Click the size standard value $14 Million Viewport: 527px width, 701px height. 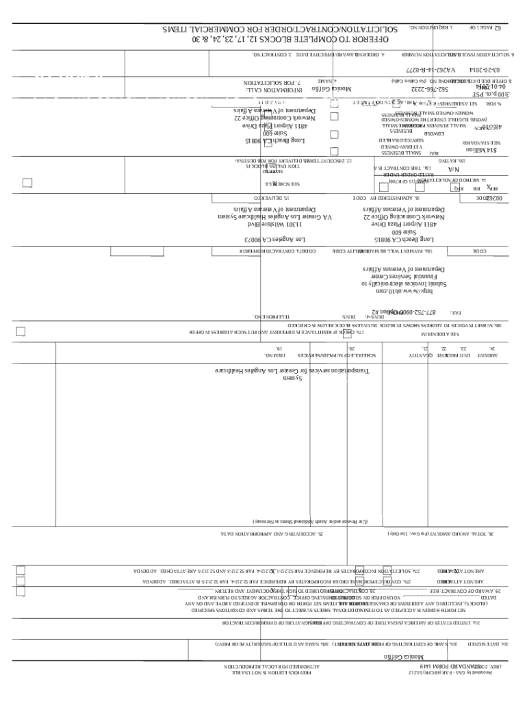pyautogui.click(x=481, y=150)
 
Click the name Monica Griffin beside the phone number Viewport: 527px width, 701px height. pyautogui.click(x=331, y=90)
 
